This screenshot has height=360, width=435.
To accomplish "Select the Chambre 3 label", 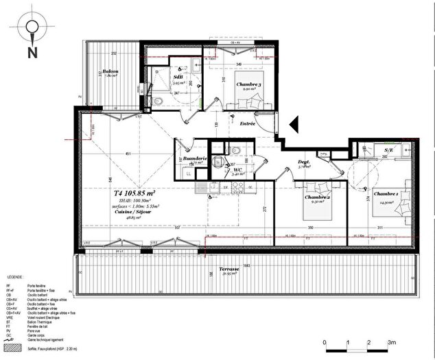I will [x=249, y=85].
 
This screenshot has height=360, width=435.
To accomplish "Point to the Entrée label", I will [x=247, y=123].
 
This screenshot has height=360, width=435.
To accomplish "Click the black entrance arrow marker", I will [x=292, y=124].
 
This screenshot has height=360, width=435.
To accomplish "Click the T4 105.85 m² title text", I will [x=134, y=193].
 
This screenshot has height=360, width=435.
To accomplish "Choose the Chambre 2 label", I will [x=317, y=197].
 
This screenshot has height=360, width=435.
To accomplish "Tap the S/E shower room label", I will [x=389, y=149].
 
